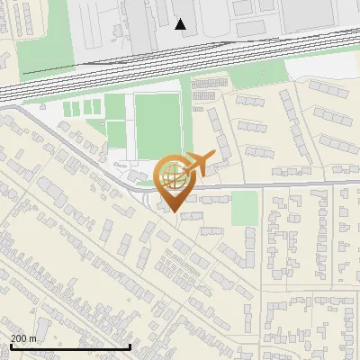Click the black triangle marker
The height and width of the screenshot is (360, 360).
pos(181,24)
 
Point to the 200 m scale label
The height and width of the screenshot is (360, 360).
pos(23,338)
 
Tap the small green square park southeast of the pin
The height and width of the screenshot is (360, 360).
pos(244,209)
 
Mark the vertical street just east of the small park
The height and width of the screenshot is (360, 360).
pos(261,234)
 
